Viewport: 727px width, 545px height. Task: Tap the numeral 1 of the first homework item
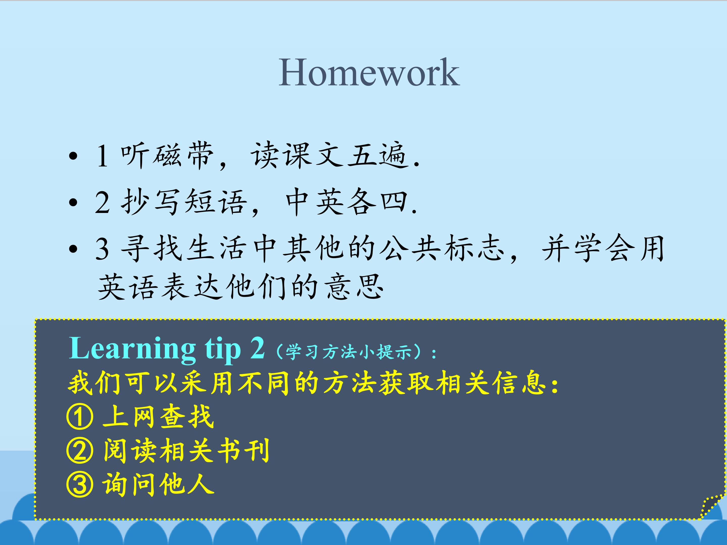[x=102, y=156]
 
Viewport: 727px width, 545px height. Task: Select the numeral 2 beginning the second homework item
[x=102, y=202]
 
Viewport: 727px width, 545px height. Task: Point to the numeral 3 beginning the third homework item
[x=102, y=249]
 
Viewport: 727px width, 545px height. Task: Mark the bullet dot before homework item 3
[x=74, y=249]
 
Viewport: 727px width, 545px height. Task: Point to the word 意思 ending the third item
[x=354, y=286]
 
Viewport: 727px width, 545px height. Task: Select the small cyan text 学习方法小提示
[x=349, y=352]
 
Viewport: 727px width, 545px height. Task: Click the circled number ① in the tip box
[x=80, y=418]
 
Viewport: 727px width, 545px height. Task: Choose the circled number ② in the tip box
[x=80, y=451]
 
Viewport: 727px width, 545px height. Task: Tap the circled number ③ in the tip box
[x=80, y=485]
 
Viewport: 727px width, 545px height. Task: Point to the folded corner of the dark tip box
[x=712, y=506]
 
